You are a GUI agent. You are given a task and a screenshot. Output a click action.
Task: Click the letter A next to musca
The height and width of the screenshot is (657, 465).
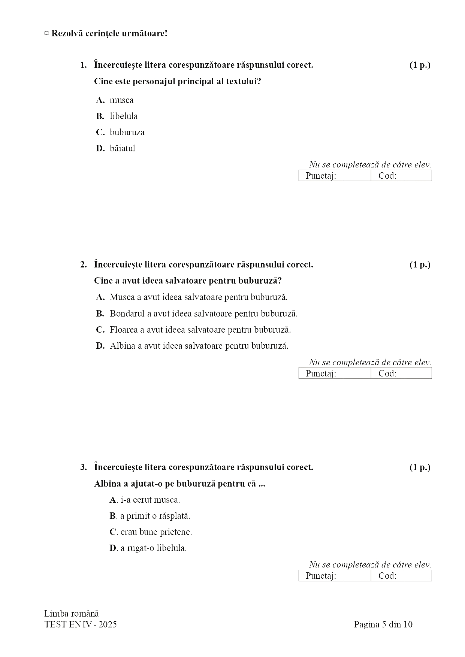coord(100,100)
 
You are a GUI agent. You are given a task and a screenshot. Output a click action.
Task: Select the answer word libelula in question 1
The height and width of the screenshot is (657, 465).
coord(124,116)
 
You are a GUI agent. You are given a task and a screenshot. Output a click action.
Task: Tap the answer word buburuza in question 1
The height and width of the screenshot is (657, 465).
coord(127,133)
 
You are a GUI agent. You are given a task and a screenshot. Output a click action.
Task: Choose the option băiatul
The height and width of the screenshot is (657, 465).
coord(122,149)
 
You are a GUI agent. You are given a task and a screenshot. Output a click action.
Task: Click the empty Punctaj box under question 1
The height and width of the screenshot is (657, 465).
coord(357,176)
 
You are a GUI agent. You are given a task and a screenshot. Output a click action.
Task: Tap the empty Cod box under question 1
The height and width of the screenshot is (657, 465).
coord(418,176)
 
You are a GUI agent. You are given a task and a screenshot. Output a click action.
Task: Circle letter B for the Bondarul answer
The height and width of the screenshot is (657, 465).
coord(100,314)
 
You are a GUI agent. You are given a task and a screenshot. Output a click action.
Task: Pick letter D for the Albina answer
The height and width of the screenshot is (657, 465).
coord(100,346)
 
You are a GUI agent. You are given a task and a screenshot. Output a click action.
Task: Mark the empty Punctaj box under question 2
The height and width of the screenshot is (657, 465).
coord(357,373)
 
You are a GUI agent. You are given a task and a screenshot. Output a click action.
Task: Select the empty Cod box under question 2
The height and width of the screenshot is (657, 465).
coord(418,373)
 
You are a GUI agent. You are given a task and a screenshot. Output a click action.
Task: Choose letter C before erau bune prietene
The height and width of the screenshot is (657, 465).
coord(113,532)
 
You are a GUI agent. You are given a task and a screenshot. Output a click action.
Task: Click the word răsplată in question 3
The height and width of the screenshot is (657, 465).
coord(174,516)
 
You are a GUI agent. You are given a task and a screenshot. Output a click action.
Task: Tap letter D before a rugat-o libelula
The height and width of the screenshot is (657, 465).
coord(113,548)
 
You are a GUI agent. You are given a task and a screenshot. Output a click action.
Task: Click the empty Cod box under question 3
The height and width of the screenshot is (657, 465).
coord(418,576)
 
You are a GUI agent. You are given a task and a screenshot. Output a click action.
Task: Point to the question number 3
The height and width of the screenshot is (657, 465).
coord(83,467)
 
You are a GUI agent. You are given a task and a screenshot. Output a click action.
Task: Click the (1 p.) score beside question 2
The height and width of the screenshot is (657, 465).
coord(420,265)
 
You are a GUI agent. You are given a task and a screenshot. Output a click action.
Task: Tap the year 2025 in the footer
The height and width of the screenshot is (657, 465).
coord(108,624)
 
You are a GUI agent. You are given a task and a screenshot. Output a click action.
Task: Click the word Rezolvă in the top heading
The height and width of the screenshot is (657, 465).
coord(66,33)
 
